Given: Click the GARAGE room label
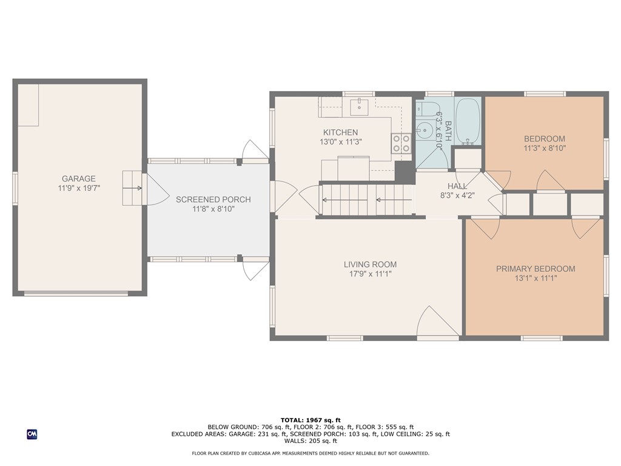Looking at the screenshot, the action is click(78, 179).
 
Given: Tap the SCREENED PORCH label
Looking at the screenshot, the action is click(213, 200).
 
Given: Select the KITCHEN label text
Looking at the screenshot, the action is click(341, 132).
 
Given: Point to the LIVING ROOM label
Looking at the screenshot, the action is click(371, 265).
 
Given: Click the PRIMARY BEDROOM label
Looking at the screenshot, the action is click(536, 269).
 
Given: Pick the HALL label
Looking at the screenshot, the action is click(457, 186).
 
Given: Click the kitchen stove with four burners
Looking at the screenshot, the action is click(401, 143).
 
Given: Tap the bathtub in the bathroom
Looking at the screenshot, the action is click(468, 121).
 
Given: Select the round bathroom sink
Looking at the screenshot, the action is click(424, 130).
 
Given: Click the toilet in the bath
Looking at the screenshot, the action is click(427, 109).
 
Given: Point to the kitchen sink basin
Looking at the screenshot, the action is click(360, 106).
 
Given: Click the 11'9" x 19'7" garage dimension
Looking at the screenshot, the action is click(79, 188).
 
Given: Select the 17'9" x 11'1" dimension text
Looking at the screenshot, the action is click(371, 274).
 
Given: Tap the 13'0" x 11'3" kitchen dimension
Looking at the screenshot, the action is click(341, 142).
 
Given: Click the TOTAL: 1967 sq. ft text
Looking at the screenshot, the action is click(310, 420).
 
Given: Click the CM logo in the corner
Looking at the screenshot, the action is click(32, 434).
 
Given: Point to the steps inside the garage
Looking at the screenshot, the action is click(132, 188).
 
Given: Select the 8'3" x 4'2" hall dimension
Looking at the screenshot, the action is click(457, 195).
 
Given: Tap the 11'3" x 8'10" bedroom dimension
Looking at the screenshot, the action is click(545, 149).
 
